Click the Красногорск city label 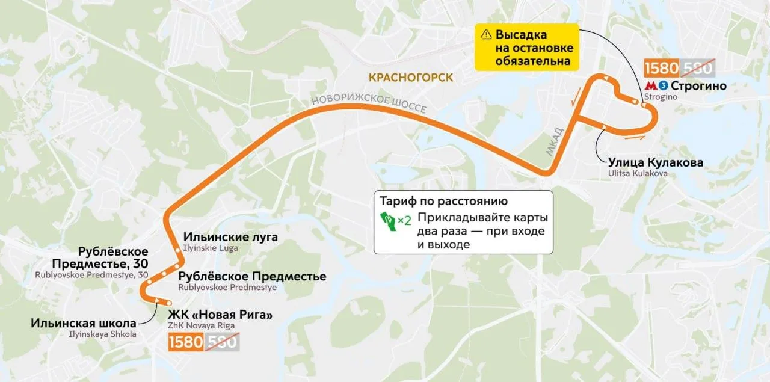coord(411,78)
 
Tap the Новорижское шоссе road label coord(368,103)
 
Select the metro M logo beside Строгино coord(650,86)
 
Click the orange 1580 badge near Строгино coord(661,67)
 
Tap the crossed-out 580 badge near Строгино coord(697,67)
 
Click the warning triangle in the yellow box coord(487,35)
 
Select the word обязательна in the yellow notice coord(533,61)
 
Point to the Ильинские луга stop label coord(230,237)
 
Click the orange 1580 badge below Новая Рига coord(186,342)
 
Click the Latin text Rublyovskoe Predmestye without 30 coord(227,288)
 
